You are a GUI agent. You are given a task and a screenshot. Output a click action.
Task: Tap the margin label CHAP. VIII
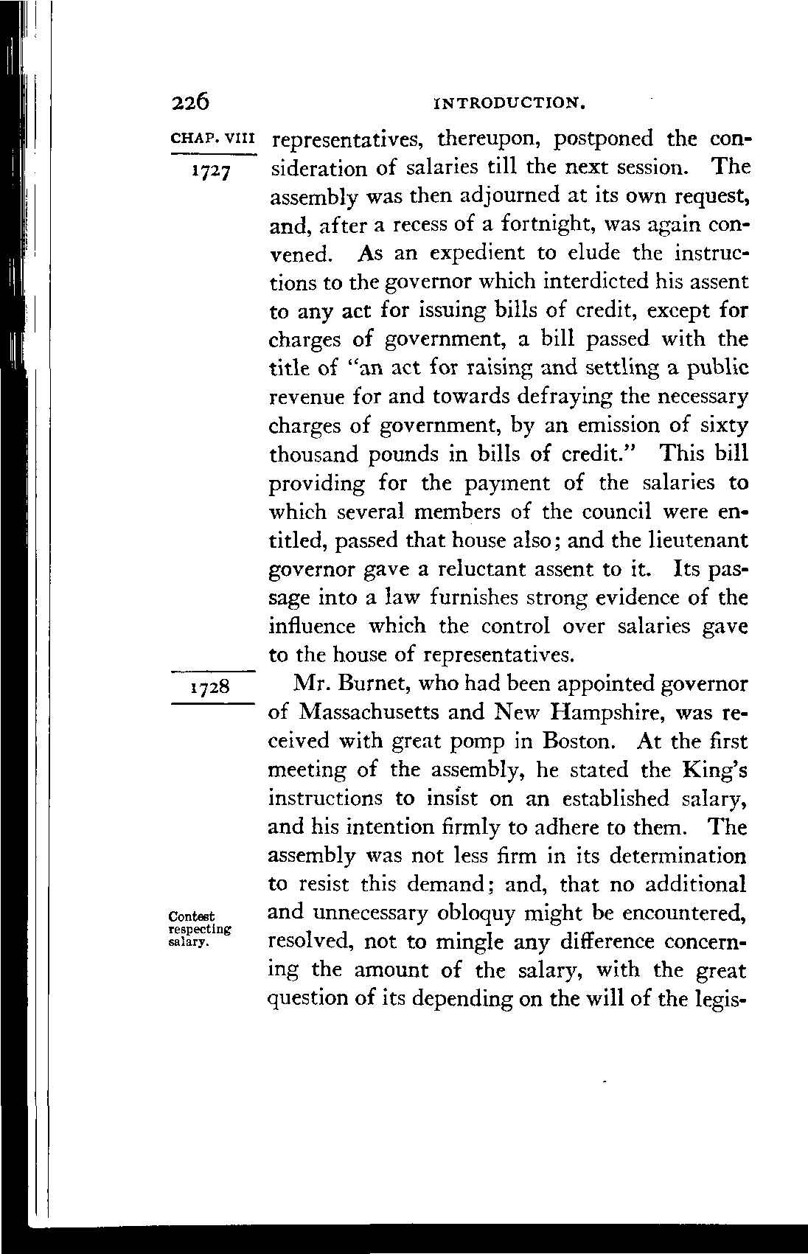[212, 138]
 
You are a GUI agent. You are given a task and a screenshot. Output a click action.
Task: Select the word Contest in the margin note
[192, 916]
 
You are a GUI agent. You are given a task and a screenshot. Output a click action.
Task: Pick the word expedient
[478, 254]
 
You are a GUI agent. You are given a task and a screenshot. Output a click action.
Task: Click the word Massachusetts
[379, 713]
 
